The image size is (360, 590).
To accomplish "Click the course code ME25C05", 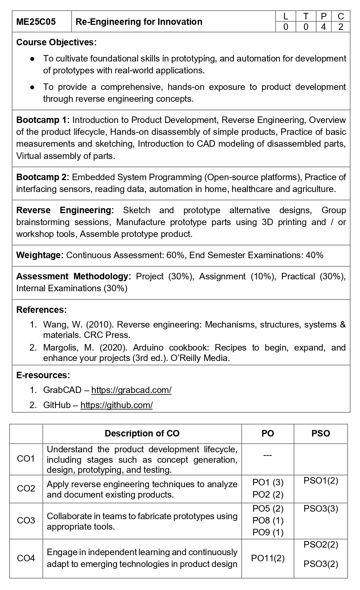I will click(x=36, y=22).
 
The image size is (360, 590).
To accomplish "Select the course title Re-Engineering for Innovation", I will click(x=139, y=22).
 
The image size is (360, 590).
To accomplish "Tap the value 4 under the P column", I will click(x=323, y=27).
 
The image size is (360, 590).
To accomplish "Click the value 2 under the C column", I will click(x=341, y=27).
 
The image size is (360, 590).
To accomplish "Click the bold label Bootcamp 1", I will click(x=44, y=120).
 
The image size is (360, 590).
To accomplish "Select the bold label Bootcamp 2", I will click(x=44, y=177).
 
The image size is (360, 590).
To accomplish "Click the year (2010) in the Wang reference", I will click(x=100, y=325).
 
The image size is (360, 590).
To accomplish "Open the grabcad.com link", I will click(x=131, y=390).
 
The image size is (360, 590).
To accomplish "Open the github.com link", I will click(x=117, y=405).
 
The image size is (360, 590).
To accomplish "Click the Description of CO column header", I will click(x=142, y=434).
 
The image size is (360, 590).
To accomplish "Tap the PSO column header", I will click(x=320, y=434).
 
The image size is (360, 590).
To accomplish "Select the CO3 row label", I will click(x=26, y=521).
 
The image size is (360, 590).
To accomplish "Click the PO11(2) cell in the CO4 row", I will click(x=268, y=558).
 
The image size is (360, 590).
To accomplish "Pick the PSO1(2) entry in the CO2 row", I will click(x=321, y=481).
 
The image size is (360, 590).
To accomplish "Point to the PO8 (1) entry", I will click(x=268, y=521).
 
